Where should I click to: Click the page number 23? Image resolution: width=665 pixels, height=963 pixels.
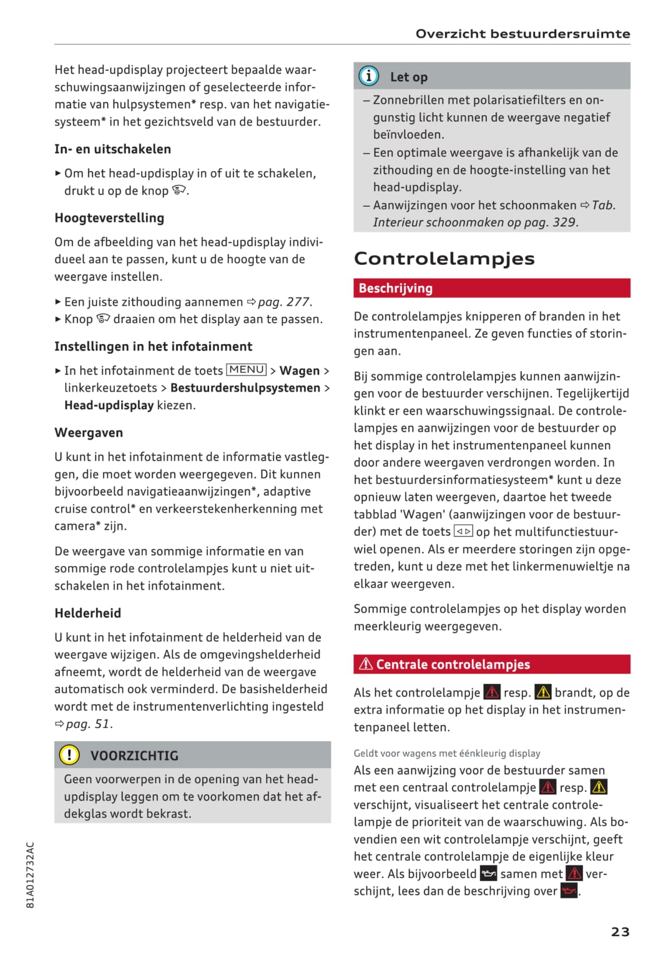click(620, 932)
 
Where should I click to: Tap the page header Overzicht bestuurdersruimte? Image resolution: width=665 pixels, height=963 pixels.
click(522, 34)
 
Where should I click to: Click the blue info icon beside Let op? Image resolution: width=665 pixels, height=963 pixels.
click(369, 76)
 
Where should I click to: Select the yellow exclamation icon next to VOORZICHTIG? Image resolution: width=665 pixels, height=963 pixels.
click(69, 755)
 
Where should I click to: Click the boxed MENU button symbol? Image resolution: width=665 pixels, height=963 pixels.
click(246, 370)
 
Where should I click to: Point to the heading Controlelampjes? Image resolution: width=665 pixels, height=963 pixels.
click(444, 259)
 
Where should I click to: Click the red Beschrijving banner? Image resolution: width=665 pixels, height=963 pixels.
click(491, 288)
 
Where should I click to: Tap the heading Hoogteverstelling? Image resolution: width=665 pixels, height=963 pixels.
click(109, 218)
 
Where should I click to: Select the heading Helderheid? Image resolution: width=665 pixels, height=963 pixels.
click(88, 613)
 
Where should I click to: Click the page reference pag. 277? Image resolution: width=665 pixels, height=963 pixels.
click(284, 302)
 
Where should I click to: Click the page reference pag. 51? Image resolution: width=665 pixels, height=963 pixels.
click(88, 724)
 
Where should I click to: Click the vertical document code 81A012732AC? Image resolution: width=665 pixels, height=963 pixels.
click(31, 875)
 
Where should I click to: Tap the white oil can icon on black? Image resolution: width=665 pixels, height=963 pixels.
click(488, 874)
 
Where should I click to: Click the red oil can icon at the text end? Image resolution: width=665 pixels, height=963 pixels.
click(568, 891)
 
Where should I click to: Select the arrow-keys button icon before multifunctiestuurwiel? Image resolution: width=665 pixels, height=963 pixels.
click(463, 531)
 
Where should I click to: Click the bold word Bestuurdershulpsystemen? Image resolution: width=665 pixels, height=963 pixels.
click(245, 388)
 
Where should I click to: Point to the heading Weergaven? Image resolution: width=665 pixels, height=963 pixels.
click(89, 433)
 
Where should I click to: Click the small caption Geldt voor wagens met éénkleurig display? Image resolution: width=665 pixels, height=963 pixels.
click(447, 753)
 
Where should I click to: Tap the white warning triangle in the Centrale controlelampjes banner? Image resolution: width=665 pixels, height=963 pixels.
click(366, 664)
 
